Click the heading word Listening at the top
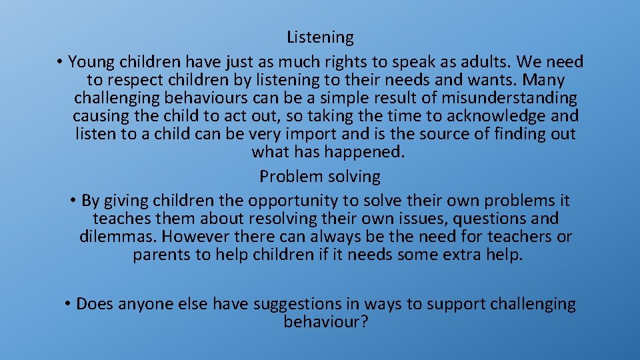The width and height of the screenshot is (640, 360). click(x=320, y=37)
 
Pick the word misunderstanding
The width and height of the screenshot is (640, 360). click(x=513, y=99)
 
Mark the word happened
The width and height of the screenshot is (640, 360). click(x=364, y=152)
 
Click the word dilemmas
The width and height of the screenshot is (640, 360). click(x=117, y=237)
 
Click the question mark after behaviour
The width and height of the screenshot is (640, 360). click(x=364, y=322)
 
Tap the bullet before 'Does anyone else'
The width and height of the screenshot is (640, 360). click(x=68, y=304)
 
